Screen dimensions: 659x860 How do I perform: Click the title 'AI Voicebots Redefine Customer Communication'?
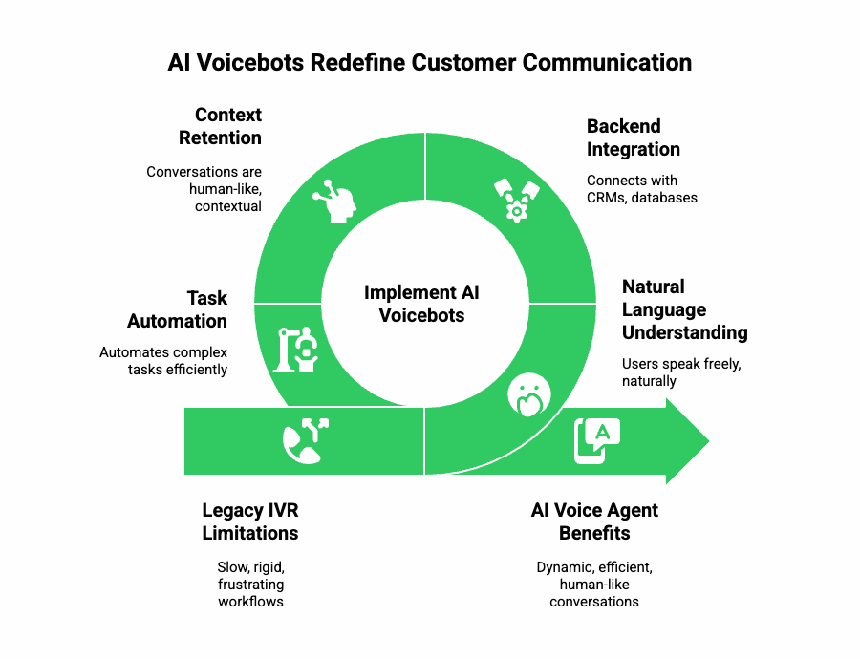click(429, 63)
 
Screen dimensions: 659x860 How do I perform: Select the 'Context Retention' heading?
click(220, 126)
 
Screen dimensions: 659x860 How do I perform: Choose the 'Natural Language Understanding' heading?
click(684, 309)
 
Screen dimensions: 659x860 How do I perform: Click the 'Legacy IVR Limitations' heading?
click(250, 521)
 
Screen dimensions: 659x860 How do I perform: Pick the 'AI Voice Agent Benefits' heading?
click(594, 521)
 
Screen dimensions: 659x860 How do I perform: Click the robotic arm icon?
click(297, 351)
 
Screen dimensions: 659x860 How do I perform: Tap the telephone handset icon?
click(304, 440)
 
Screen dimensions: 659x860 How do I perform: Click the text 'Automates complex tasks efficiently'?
click(164, 361)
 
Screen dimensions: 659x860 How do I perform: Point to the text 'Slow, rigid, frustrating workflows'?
click(250, 585)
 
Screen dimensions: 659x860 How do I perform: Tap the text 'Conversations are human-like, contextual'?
click(204, 189)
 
